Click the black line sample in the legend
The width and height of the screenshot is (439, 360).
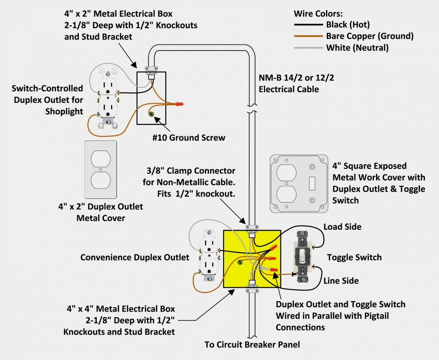point(308,25)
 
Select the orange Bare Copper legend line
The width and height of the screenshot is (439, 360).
point(308,36)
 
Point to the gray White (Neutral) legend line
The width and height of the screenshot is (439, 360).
point(308,48)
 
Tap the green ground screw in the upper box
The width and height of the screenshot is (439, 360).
point(152,114)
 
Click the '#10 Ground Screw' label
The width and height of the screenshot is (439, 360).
point(189,138)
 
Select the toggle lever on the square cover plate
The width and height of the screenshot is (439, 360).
point(312,183)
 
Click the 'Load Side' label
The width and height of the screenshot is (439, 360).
point(342,227)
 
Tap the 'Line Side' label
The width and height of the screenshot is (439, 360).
point(341,281)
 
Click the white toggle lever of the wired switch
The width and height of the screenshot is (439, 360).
point(302,256)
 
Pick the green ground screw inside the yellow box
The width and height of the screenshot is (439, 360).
point(240,262)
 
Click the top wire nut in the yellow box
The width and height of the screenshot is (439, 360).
point(274,248)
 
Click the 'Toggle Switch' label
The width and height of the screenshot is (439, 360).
point(354,257)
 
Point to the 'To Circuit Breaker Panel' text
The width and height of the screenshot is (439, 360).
point(252,344)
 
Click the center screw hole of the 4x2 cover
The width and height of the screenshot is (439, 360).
point(101,169)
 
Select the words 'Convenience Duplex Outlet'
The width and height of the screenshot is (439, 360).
point(134,257)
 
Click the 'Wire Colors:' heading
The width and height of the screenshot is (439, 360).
point(318,13)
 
